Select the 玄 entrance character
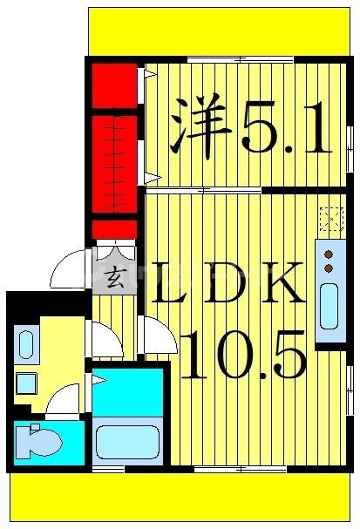(x=114, y=278)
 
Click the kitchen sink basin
(x=330, y=310)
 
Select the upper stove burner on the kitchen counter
(x=329, y=254)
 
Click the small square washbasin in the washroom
(x=25, y=383)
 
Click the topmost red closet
(x=115, y=85)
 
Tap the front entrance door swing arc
(x=70, y=270)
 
